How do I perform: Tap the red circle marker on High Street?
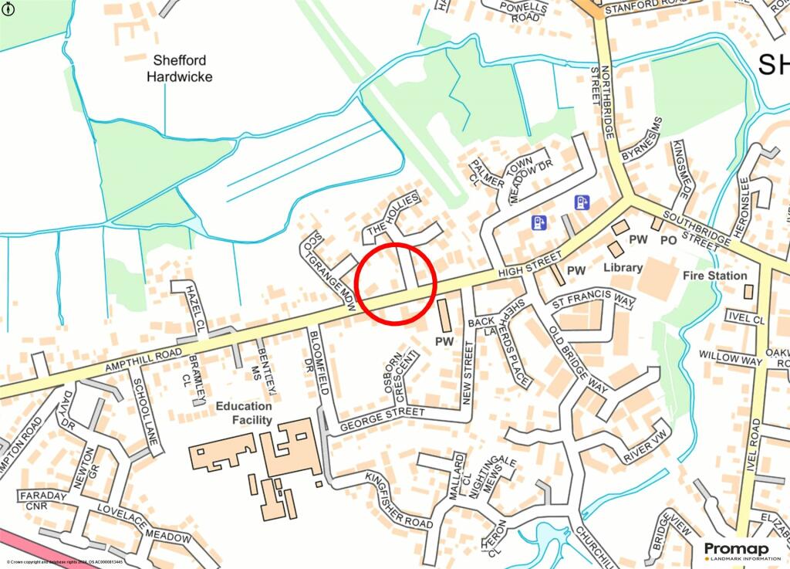[397, 283]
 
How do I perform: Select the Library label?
[623, 268]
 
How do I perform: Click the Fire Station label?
[715, 276]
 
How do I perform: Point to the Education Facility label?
[244, 413]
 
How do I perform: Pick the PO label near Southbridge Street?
[668, 241]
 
